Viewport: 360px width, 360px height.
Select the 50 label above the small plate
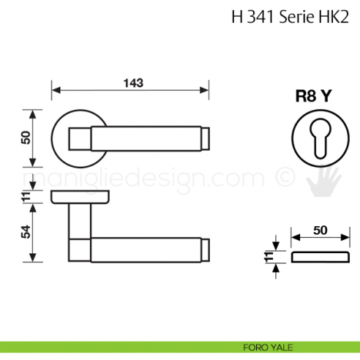coord(320,230)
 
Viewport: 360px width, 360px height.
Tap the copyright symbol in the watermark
coord(282,178)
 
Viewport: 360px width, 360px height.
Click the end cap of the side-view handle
coord(206,247)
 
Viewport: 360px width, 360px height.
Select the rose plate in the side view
coord(80,197)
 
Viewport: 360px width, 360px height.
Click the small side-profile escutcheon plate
coord(320,257)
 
